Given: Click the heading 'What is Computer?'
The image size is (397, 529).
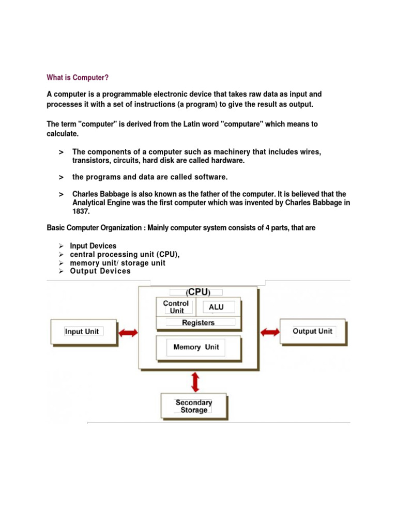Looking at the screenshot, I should click(x=78, y=77).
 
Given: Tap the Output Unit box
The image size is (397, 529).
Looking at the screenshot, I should click(x=312, y=331).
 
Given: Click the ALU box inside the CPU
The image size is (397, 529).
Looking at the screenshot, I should click(x=217, y=307).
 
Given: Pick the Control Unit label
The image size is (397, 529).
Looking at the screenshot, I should click(x=176, y=307).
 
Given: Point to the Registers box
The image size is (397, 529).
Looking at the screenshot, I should click(x=198, y=323).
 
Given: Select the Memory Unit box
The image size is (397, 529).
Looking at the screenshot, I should click(x=196, y=347).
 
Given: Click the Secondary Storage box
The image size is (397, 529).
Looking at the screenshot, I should click(x=194, y=406).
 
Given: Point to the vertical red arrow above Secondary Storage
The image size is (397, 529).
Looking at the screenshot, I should click(x=195, y=382).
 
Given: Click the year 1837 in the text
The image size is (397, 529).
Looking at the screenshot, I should click(x=81, y=212).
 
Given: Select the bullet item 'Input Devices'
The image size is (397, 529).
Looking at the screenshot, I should click(x=93, y=246).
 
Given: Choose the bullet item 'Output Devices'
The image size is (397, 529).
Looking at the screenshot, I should click(x=100, y=271).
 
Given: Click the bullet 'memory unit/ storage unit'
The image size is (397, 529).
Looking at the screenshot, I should click(x=118, y=263).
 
